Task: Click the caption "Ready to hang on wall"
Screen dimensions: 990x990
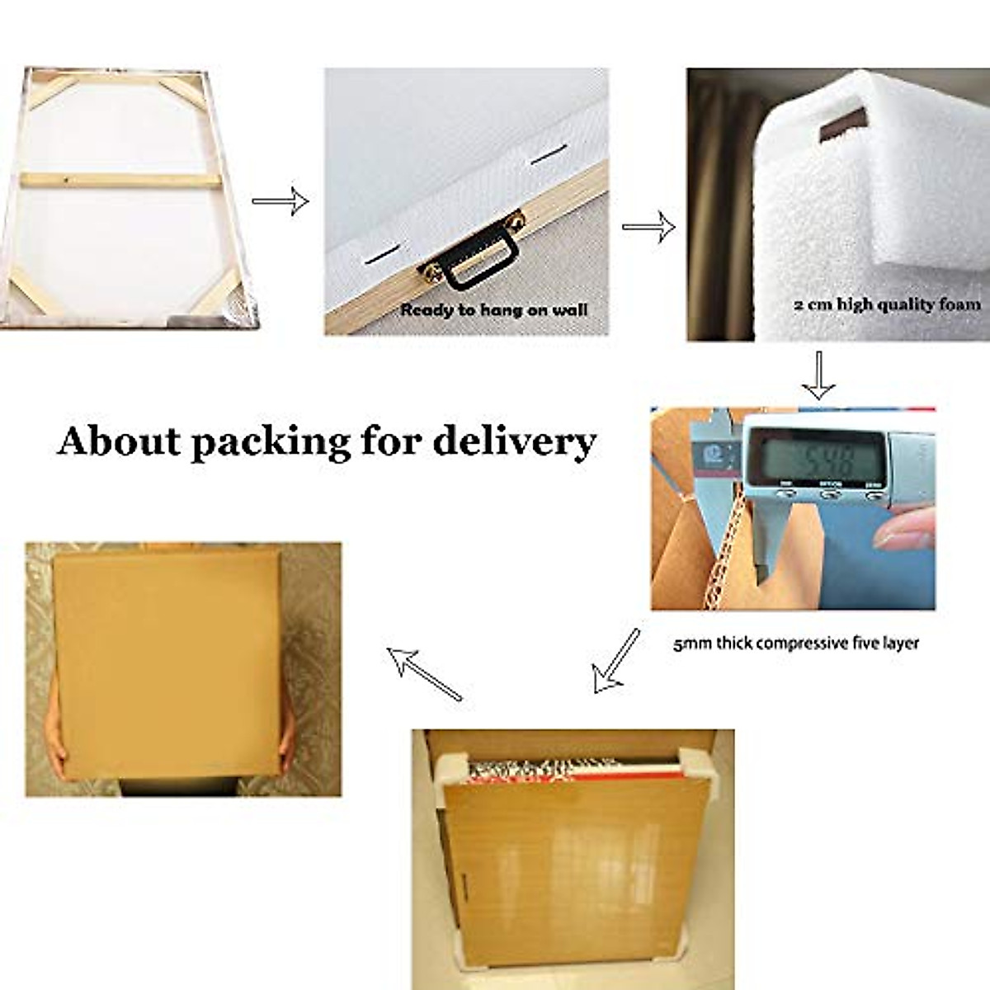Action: click(x=493, y=310)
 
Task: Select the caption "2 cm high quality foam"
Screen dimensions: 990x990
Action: click(x=887, y=304)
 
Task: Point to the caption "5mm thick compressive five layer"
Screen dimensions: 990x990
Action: click(x=795, y=643)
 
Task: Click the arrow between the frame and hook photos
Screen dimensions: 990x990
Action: click(x=280, y=201)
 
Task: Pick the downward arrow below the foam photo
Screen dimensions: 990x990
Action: click(x=818, y=375)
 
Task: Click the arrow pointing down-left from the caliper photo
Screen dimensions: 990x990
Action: click(x=615, y=660)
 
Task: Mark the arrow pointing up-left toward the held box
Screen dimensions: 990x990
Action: click(x=424, y=673)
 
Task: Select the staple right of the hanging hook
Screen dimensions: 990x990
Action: click(x=549, y=155)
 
